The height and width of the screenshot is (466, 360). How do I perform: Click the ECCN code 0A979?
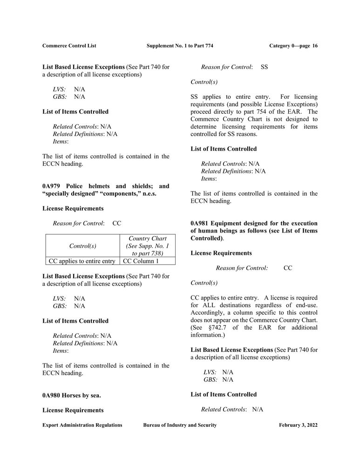coord(51,186)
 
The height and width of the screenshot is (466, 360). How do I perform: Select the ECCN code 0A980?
coord(51,395)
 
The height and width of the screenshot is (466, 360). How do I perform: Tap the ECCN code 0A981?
coord(200,223)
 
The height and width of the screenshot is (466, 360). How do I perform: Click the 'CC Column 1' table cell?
coord(141,261)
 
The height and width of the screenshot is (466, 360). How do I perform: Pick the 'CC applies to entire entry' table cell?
coord(82,261)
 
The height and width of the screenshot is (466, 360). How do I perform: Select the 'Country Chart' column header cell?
coord(147,246)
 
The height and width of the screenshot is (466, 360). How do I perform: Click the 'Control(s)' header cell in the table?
coord(82,246)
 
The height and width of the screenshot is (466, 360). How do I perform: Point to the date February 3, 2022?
coord(298,425)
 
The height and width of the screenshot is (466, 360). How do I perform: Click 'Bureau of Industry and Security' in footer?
coord(180,425)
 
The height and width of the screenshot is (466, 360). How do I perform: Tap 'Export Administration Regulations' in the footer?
coord(82,425)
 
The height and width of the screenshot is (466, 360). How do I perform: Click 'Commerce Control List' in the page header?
coord(69,46)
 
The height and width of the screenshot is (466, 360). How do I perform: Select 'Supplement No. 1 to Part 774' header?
coord(180,46)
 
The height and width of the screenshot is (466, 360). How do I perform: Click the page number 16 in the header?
coord(315,46)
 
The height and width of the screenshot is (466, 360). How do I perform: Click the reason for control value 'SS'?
coord(264,67)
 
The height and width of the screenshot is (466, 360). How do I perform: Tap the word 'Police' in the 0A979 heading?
coord(75,186)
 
